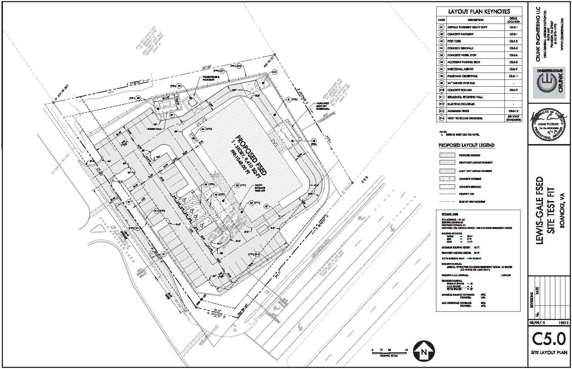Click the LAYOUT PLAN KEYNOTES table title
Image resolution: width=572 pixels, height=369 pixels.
pyautogui.click(x=479, y=12)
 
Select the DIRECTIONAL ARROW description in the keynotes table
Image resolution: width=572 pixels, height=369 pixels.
pyautogui.click(x=460, y=69)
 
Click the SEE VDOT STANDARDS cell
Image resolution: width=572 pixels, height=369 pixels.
pyautogui.click(x=514, y=118)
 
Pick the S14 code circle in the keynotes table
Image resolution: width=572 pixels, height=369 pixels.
pyautogui.click(x=441, y=118)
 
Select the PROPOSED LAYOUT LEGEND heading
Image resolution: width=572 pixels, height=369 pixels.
pyautogui.click(x=466, y=145)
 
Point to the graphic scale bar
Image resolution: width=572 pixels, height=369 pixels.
pyautogui.click(x=389, y=350)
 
